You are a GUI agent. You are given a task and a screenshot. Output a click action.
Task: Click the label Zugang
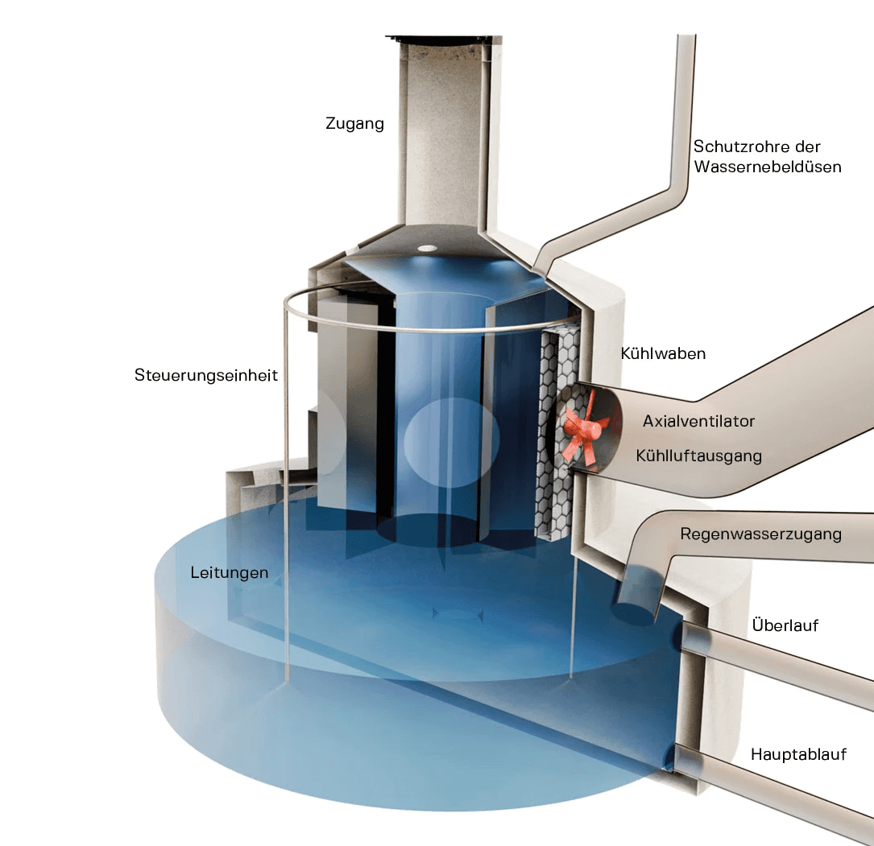[354, 124]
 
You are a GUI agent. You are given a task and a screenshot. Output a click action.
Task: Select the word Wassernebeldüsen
[767, 167]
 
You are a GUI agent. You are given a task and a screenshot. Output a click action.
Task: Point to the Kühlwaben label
[663, 353]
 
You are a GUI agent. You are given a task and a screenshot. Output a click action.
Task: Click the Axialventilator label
[698, 420]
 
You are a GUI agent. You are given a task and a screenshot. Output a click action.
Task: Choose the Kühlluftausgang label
[698, 456]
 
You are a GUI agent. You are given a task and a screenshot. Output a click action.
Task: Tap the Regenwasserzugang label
[760, 534]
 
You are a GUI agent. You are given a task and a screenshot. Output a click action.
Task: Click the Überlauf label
[785, 625]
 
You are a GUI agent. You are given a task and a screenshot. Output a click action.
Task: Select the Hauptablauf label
[798, 754]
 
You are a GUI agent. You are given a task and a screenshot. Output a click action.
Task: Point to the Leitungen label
[230, 573]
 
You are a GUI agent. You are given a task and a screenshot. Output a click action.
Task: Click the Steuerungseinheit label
[206, 376]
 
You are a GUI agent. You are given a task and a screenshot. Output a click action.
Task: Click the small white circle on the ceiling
[427, 248]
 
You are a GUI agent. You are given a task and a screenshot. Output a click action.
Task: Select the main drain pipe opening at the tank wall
[675, 757]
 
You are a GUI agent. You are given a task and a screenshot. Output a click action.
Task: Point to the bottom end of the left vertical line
[287, 675]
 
